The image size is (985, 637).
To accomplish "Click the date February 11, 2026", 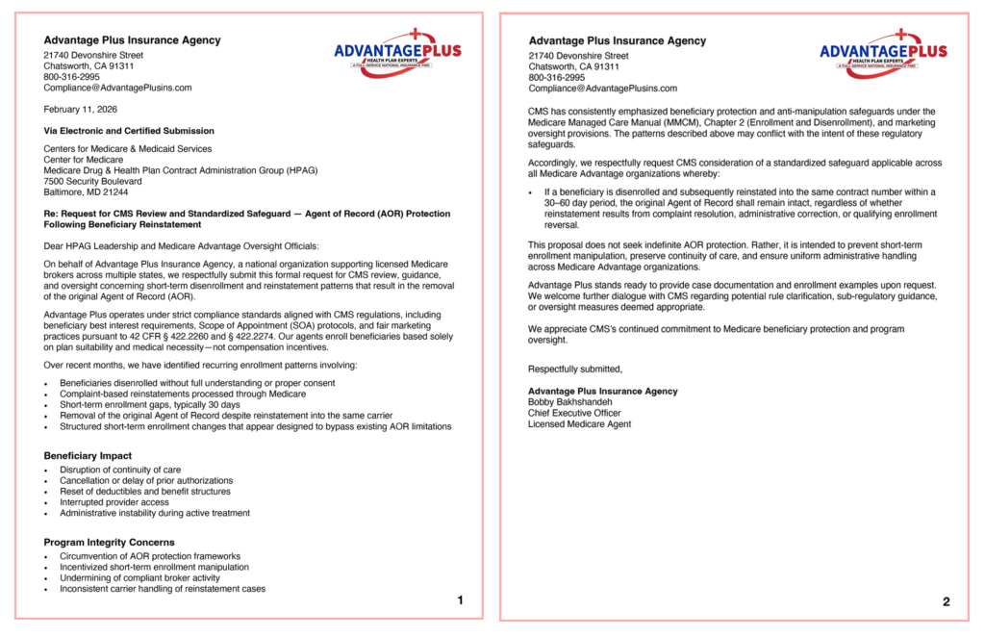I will [81, 110].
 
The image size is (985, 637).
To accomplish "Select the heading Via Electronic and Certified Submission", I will [129, 131].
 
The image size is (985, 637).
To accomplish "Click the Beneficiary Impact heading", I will [88, 455].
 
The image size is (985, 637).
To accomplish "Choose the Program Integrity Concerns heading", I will [109, 542].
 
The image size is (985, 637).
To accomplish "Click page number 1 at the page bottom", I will [460, 600].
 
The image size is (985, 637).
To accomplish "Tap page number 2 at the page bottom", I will [946, 602].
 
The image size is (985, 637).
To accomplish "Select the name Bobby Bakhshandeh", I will [569, 402].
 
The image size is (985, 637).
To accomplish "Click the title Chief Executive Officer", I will [574, 413].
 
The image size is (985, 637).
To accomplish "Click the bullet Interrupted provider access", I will [114, 501].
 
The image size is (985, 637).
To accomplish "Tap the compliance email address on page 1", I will [117, 88].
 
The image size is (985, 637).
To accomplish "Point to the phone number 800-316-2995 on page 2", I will [556, 78].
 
